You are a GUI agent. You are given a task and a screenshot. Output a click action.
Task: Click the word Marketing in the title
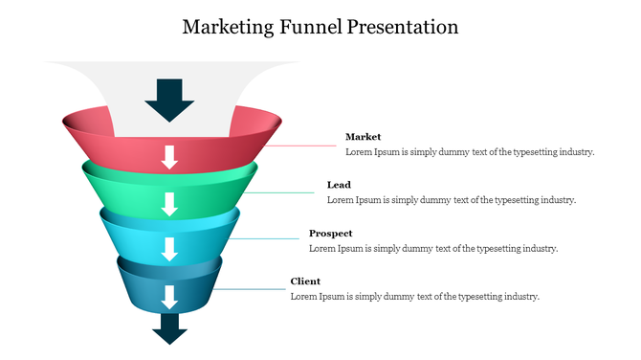pyautogui.click(x=226, y=26)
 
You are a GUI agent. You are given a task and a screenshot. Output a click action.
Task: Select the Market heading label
pyautogui.click(x=363, y=137)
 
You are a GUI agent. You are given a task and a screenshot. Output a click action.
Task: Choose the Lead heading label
pyautogui.click(x=339, y=185)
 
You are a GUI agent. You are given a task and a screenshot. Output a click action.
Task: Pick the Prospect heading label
pyautogui.click(x=330, y=233)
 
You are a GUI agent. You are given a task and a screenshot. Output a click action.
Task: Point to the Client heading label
pyautogui.click(x=305, y=281)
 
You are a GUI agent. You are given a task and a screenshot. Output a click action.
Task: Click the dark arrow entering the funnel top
pyautogui.click(x=170, y=99)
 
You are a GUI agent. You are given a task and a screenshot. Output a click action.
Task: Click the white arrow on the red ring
pyautogui.click(x=170, y=156)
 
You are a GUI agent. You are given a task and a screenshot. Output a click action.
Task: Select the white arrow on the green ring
pyautogui.click(x=170, y=203)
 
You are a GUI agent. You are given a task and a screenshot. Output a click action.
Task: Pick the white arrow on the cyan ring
pyautogui.click(x=170, y=249)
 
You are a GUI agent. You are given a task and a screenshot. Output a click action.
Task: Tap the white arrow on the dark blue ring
pyautogui.click(x=170, y=296)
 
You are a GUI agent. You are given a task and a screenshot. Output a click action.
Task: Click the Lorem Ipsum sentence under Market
pyautogui.click(x=470, y=152)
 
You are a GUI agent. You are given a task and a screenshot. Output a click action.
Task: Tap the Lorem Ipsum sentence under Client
pyautogui.click(x=415, y=297)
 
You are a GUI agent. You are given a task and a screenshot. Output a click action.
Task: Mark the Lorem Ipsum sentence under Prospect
pyautogui.click(x=433, y=249)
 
